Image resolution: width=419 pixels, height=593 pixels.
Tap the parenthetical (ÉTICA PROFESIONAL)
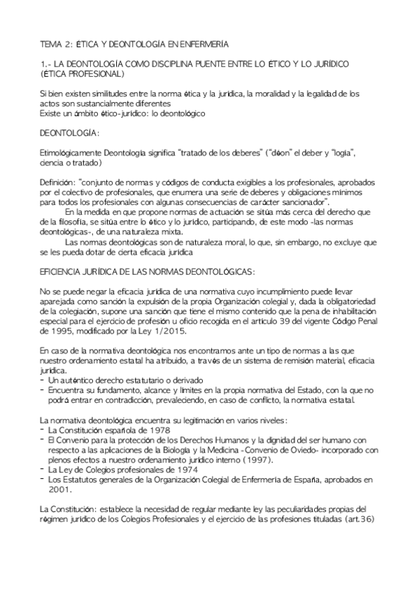click(83, 73)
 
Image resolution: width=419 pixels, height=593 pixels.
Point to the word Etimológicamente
click(76, 152)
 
